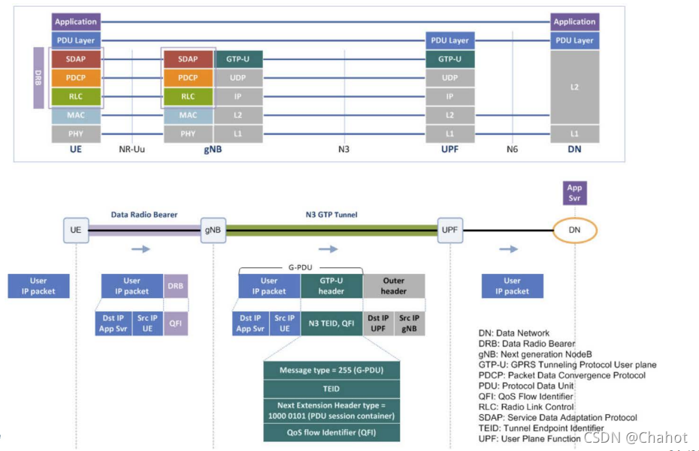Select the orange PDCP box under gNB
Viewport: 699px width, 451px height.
coord(188,77)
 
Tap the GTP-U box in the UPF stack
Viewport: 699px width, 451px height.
coord(449,59)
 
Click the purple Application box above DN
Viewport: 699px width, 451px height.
coord(574,22)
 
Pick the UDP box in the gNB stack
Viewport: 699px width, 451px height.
coord(238,77)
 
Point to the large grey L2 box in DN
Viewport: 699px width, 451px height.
coord(574,87)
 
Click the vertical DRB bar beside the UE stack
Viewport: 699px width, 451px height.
coord(39,78)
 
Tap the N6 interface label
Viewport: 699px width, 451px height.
coord(512,149)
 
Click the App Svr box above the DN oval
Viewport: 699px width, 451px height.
coord(574,193)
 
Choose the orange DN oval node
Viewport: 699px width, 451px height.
coord(574,229)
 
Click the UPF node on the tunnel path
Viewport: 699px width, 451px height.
coord(449,229)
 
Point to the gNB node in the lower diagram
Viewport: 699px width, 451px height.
coord(213,229)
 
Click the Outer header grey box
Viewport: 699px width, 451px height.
coord(393,286)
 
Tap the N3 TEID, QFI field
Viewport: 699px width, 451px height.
coord(331,323)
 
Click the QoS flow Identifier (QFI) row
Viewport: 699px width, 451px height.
coord(331,432)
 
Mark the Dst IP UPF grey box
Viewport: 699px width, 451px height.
coord(378,323)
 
